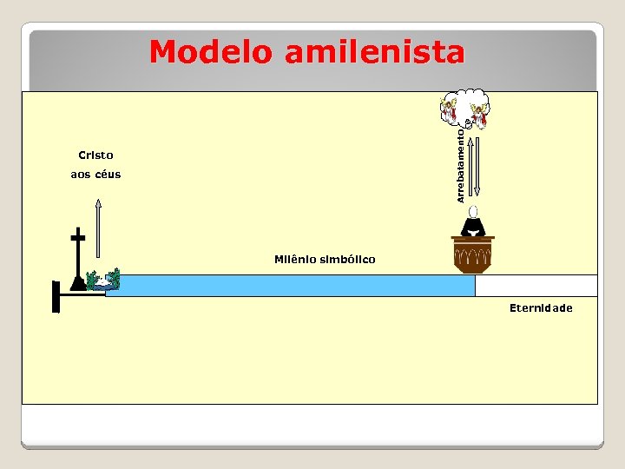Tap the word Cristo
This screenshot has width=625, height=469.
[95, 155]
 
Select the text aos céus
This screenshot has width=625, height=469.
[95, 175]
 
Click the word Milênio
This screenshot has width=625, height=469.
[298, 259]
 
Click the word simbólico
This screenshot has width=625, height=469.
[350, 259]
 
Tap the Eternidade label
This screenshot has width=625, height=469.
[541, 308]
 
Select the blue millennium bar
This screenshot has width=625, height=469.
[291, 286]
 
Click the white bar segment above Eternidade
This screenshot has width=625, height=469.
[536, 286]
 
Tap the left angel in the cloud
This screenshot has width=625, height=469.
[449, 109]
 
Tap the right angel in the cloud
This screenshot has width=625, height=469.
[479, 114]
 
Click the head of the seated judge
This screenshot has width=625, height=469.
[473, 211]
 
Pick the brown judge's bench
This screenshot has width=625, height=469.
[473, 255]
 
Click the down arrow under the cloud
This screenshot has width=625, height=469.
[477, 165]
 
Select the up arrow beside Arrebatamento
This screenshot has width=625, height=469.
[470, 165]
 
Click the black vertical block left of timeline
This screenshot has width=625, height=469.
[56, 296]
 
